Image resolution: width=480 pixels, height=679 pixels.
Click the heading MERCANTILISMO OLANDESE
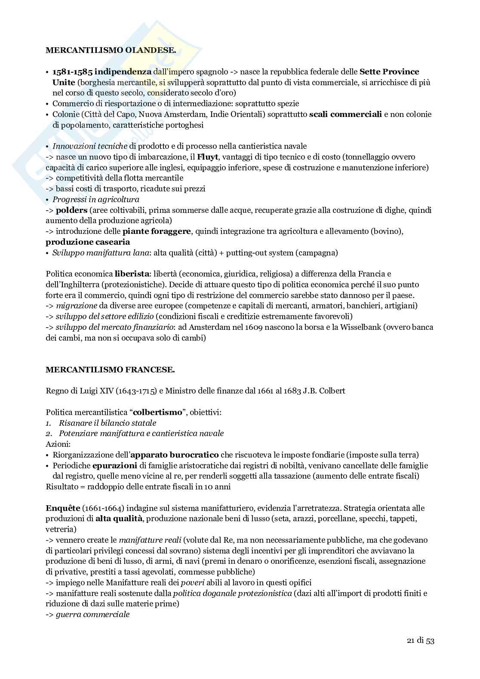click(111, 50)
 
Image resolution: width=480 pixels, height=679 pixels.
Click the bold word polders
click(72, 210)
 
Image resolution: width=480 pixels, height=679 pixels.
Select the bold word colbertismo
click(158, 412)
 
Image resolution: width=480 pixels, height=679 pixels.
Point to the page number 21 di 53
click(420, 653)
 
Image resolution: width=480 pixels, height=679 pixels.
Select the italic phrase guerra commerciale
click(92, 614)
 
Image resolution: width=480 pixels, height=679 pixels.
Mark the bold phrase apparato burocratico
click(175, 455)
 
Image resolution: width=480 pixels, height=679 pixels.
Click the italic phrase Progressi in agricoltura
click(95, 200)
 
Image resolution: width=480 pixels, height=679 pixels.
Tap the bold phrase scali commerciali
click(345, 114)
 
